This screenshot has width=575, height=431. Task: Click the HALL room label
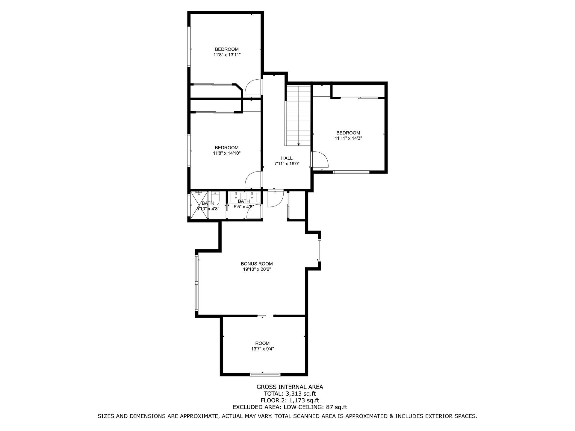tap(287, 158)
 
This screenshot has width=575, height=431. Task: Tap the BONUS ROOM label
tap(257, 264)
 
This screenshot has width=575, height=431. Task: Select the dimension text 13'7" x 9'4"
tap(262, 349)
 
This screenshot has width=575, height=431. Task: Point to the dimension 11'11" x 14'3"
tap(348, 138)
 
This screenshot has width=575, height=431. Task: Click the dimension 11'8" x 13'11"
tap(227, 55)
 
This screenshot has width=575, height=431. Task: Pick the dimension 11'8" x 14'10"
tap(227, 153)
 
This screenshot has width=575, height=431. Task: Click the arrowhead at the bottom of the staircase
tap(299, 145)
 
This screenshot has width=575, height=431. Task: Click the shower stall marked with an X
tap(200, 205)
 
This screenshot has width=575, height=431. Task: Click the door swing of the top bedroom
tap(253, 87)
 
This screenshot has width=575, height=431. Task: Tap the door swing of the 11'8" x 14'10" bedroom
tap(253, 179)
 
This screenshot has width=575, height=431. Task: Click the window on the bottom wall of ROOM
tap(265, 374)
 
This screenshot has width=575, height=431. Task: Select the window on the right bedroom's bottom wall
tap(351, 172)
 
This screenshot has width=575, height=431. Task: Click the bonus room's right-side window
tap(320, 250)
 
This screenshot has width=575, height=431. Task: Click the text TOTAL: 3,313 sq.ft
tap(290, 394)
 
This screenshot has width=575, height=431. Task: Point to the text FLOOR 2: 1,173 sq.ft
tap(290, 400)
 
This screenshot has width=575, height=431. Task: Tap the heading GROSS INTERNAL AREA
tap(290, 387)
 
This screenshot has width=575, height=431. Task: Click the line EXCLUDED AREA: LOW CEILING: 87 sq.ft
tap(290, 407)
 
